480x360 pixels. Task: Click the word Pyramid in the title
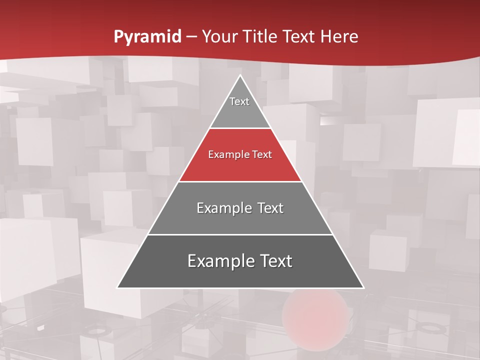(147, 37)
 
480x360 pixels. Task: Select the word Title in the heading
(260, 37)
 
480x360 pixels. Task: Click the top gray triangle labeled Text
(240, 107)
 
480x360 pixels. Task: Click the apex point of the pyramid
(240, 75)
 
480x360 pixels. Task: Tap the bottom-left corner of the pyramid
(118, 287)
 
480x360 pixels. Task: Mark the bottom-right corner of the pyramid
(363, 287)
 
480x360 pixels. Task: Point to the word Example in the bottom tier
(218, 261)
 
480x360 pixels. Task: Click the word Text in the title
(299, 37)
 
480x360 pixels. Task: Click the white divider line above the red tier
(240, 128)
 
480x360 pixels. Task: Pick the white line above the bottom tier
(240, 234)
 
